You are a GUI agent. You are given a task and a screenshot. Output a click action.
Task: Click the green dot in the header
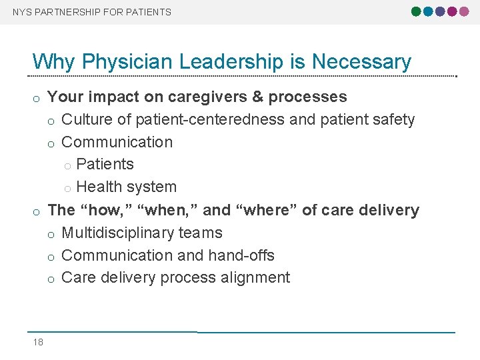click(417, 11)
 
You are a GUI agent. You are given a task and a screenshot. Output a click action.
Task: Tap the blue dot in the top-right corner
click(428, 11)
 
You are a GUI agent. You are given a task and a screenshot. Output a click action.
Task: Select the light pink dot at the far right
click(463, 11)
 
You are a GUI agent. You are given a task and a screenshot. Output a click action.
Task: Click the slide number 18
click(38, 342)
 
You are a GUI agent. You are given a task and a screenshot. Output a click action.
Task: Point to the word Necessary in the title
click(361, 62)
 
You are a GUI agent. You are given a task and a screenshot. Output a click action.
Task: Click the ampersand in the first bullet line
click(258, 97)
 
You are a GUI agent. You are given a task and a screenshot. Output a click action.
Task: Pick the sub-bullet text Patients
click(105, 165)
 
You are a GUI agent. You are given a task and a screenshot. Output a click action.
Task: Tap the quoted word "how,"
click(106, 210)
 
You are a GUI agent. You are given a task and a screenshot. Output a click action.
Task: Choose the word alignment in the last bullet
click(257, 278)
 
